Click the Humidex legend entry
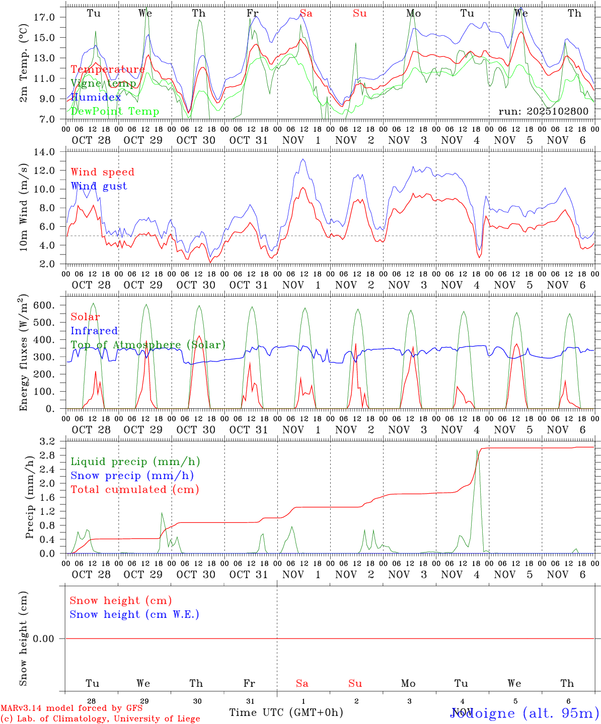[x=96, y=98]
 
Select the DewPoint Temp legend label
[x=115, y=112]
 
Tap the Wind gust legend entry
[x=99, y=186]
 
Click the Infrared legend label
[x=94, y=331]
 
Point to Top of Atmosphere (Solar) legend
[x=148, y=345]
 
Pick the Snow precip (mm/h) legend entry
[x=132, y=476]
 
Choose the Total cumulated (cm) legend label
[x=134, y=490]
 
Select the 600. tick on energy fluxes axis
[x=43, y=305]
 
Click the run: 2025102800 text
[x=543, y=111]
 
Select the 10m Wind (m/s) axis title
[x=24, y=208]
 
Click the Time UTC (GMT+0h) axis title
[x=286, y=712]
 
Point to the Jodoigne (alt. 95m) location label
[x=524, y=713]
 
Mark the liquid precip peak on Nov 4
[x=477, y=450]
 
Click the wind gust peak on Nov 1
[x=303, y=159]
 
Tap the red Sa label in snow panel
[x=302, y=683]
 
